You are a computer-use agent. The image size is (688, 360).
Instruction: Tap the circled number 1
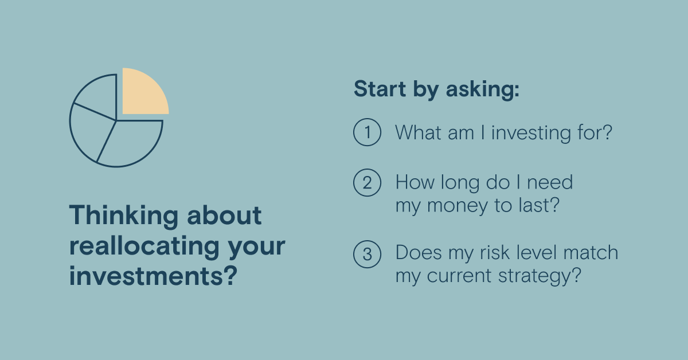point(367,132)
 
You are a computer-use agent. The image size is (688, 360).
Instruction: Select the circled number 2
point(367,182)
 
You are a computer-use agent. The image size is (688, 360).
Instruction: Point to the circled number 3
point(367,254)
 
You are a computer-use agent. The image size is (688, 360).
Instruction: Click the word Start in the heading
point(380,89)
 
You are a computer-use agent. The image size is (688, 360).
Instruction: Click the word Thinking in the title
point(124,216)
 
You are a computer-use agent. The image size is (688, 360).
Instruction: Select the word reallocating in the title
point(144,246)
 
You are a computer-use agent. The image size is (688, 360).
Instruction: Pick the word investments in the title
point(153,276)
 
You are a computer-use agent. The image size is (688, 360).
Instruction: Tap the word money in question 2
point(457,205)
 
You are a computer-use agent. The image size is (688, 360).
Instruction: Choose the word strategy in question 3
point(540,276)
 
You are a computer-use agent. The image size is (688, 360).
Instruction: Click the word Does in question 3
point(419,252)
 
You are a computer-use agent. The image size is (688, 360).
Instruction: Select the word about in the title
point(224,215)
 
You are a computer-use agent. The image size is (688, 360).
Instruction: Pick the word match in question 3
point(591,252)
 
